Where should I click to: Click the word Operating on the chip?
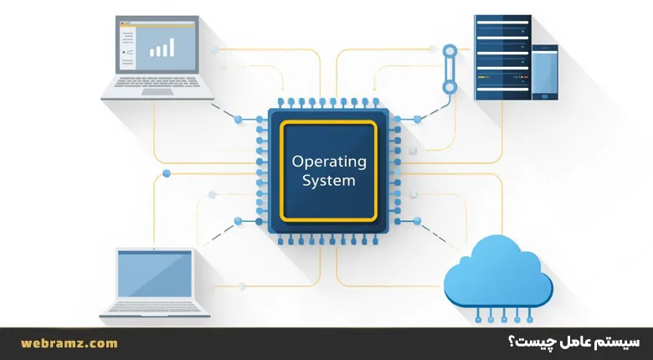click(x=329, y=161)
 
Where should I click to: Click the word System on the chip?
click(x=329, y=180)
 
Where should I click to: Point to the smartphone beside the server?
click(x=544, y=71)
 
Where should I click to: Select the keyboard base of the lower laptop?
click(x=155, y=311)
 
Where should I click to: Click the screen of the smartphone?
click(x=544, y=72)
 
